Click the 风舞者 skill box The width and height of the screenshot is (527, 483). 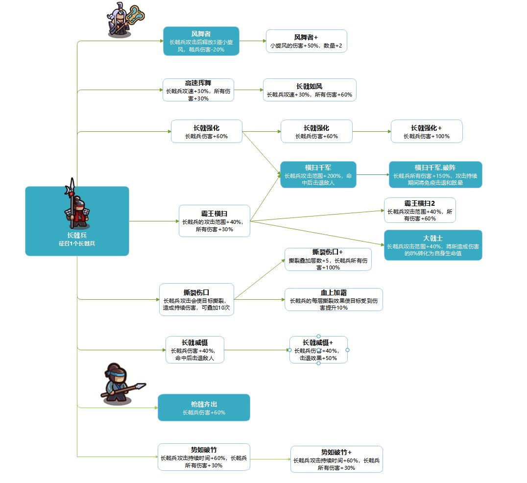(201, 41)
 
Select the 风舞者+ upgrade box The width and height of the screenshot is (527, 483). (306, 41)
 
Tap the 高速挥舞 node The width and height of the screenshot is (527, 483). (198, 90)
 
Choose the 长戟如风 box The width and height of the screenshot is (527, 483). (310, 90)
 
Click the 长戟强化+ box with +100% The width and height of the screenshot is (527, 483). (427, 131)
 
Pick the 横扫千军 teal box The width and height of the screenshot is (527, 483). (318, 174)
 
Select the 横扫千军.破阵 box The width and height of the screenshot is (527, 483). (435, 174)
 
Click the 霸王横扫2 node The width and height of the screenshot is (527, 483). (420, 210)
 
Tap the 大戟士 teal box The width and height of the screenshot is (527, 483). (433, 245)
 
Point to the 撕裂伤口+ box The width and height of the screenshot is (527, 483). (328, 259)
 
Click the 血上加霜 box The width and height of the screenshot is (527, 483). (334, 299)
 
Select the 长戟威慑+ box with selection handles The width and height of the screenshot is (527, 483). (318, 350)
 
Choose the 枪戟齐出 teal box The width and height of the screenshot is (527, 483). (204, 408)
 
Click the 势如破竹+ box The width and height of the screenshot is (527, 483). (336, 459)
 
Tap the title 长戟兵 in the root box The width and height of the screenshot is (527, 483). (77, 235)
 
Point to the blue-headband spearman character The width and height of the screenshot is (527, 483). (122, 384)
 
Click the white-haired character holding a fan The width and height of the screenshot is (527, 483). (125, 20)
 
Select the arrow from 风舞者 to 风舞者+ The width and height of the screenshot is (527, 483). (253, 41)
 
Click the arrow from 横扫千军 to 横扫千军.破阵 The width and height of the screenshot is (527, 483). (373, 174)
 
